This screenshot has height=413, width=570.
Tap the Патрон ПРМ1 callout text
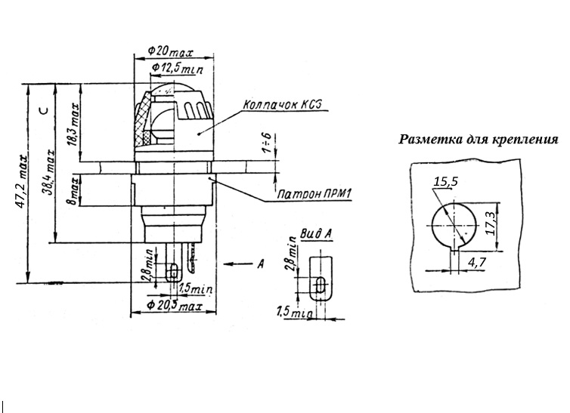[314, 196]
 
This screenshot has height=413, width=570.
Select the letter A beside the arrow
[260, 264]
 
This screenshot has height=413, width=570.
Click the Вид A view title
[317, 234]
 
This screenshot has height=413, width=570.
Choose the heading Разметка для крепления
[478, 140]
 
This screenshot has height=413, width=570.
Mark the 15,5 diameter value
[447, 182]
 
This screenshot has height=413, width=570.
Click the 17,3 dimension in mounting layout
[491, 224]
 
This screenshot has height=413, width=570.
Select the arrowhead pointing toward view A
[229, 264]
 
